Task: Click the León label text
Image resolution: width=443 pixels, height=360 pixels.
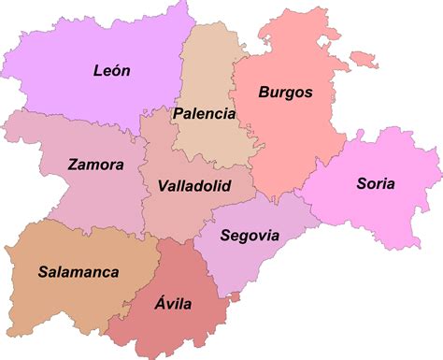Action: tap(112, 70)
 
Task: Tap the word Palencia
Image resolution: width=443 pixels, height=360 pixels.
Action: tap(204, 114)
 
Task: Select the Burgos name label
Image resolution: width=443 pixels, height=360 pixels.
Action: tap(285, 93)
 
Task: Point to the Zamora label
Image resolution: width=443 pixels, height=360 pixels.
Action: tap(95, 165)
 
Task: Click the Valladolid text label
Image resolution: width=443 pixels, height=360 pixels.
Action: tap(194, 186)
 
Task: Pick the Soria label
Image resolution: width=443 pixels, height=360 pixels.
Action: tap(376, 183)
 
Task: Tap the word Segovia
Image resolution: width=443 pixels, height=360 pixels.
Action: tap(250, 235)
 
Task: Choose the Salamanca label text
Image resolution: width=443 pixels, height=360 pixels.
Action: tap(79, 272)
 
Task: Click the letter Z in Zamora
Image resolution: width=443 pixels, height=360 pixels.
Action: tap(73, 165)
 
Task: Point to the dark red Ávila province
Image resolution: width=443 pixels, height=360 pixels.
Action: tap(178, 323)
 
